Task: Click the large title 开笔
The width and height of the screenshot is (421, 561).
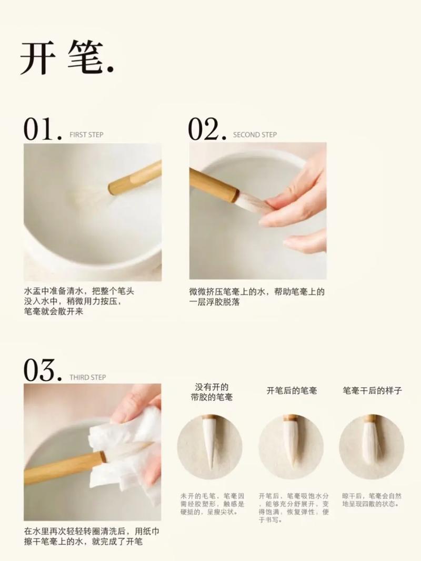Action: click(x=67, y=57)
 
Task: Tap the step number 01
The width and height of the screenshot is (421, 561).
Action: click(x=42, y=129)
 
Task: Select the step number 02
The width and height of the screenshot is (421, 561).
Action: click(x=207, y=129)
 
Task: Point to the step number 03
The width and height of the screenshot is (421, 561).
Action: click(x=42, y=371)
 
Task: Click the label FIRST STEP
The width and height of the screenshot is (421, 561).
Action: click(x=86, y=135)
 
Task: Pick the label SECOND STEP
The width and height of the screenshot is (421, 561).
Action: click(x=255, y=135)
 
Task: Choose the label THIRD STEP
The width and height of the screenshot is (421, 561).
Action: click(x=88, y=378)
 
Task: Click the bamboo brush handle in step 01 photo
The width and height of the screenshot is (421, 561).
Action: click(x=135, y=178)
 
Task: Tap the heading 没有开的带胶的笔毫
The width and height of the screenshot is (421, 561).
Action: click(x=212, y=392)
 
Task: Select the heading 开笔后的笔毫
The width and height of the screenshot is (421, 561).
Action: click(x=292, y=390)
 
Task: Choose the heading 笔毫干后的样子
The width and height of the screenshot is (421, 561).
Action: click(x=372, y=390)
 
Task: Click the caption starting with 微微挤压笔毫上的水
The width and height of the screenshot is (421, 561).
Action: click(x=257, y=297)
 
